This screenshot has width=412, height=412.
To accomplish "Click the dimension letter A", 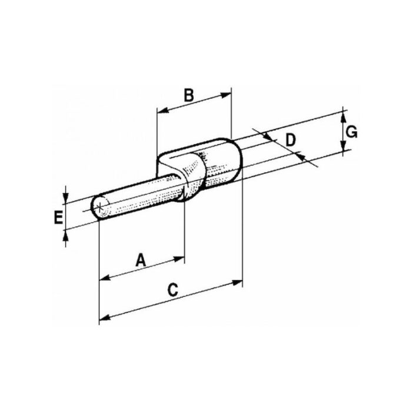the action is (x=141, y=260).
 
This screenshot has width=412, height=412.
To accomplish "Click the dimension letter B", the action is (x=189, y=95).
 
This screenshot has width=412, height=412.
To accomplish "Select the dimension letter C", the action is (x=173, y=290).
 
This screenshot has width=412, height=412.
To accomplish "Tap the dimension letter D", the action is (x=290, y=140).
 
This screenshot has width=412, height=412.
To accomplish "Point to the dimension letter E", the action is (x=58, y=218).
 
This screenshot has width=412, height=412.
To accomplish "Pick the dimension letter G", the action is (x=351, y=132).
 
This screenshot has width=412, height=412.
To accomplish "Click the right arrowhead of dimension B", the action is (x=226, y=95).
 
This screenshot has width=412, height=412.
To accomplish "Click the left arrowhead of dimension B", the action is (x=162, y=110).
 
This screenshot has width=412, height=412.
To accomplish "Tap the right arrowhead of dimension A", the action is (x=179, y=259).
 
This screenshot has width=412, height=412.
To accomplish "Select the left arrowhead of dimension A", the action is (x=105, y=277).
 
